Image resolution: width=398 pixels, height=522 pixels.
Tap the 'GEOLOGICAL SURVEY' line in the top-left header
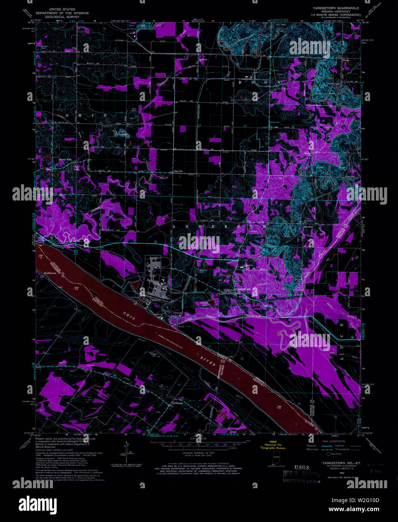60,17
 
